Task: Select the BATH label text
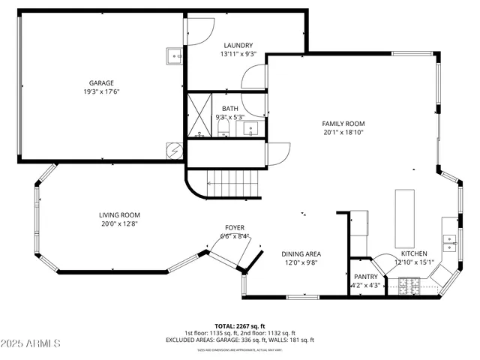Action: (229, 109)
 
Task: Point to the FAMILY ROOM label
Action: (343, 124)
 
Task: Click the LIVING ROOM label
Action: (119, 214)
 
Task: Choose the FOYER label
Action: (235, 227)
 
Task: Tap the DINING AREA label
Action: (301, 253)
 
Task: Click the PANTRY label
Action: (367, 276)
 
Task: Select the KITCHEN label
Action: (413, 253)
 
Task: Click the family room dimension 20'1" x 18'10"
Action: (343, 133)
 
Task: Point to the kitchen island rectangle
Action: (405, 217)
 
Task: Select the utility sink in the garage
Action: (174, 55)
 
